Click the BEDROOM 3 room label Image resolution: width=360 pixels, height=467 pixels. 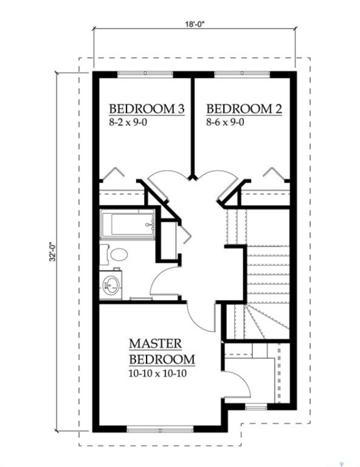click(147, 109)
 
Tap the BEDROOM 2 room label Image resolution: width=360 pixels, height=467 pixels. click(244, 109)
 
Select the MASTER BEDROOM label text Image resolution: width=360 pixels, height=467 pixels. click(162, 351)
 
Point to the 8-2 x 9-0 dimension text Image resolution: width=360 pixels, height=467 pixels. click(128, 122)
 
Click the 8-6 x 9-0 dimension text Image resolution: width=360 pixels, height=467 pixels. click(225, 122)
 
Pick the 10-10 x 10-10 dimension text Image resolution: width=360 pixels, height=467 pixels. click(158, 373)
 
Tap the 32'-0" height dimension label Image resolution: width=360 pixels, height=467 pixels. click(53, 252)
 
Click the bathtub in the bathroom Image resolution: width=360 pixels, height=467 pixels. click(127, 224)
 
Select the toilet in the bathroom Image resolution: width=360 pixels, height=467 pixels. click(114, 254)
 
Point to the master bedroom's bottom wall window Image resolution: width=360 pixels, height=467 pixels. click(160, 431)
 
